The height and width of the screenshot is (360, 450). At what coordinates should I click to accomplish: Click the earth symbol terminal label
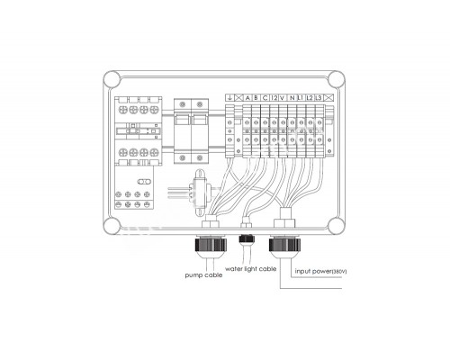click(x=229, y=98)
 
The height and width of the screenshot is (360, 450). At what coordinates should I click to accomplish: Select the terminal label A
click(x=247, y=98)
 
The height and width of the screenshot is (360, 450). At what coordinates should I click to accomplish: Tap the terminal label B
click(x=256, y=98)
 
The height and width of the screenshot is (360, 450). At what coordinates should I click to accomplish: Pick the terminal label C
click(x=265, y=98)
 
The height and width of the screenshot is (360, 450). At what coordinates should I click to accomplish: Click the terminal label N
click(x=292, y=98)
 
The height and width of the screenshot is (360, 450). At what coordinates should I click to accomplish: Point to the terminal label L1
click(x=301, y=98)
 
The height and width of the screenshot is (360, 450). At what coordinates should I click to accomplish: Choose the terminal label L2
click(x=310, y=98)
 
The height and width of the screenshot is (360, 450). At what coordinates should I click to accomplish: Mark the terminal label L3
click(x=319, y=98)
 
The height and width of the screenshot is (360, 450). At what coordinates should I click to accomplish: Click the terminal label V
click(x=283, y=98)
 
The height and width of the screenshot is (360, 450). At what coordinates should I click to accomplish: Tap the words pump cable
click(x=203, y=275)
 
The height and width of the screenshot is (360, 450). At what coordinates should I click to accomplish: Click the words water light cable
click(x=250, y=269)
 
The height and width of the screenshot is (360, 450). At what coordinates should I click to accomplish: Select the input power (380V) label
click(x=320, y=271)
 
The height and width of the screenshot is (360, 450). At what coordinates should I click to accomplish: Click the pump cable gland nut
click(x=211, y=244)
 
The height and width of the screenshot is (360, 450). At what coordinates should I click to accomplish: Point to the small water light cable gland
click(x=247, y=238)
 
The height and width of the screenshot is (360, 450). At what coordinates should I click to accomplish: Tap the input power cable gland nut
click(x=285, y=244)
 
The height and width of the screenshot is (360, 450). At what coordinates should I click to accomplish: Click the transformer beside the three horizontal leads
click(x=199, y=192)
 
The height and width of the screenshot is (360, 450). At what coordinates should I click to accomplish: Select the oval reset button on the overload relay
click(x=144, y=182)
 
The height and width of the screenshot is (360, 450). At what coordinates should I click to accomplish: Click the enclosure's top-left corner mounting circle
click(x=112, y=79)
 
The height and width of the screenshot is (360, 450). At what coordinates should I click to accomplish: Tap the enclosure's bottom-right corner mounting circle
click(x=337, y=226)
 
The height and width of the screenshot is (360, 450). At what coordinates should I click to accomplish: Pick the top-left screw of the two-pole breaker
click(x=182, y=104)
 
